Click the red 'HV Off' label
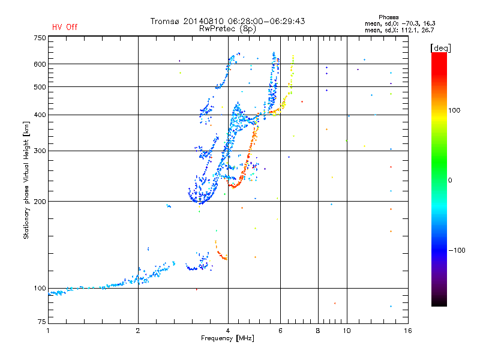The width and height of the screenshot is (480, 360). [x=65, y=27]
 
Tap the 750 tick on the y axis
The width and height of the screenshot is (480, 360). [x=39, y=38]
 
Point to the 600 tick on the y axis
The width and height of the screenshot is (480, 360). [x=39, y=64]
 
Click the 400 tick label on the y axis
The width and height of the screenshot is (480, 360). [x=39, y=115]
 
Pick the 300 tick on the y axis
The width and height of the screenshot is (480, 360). [x=39, y=151]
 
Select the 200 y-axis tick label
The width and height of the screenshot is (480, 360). [x=39, y=202]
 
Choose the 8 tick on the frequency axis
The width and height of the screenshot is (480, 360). [x=318, y=331]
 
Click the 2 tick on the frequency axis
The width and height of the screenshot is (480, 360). [x=138, y=331]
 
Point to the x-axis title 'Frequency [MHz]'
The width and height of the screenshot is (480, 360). [x=227, y=338]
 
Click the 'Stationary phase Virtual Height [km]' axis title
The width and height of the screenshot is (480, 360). [x=26, y=180]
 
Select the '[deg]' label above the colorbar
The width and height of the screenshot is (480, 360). [x=441, y=47]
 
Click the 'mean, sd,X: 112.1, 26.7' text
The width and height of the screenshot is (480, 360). [x=400, y=29]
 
